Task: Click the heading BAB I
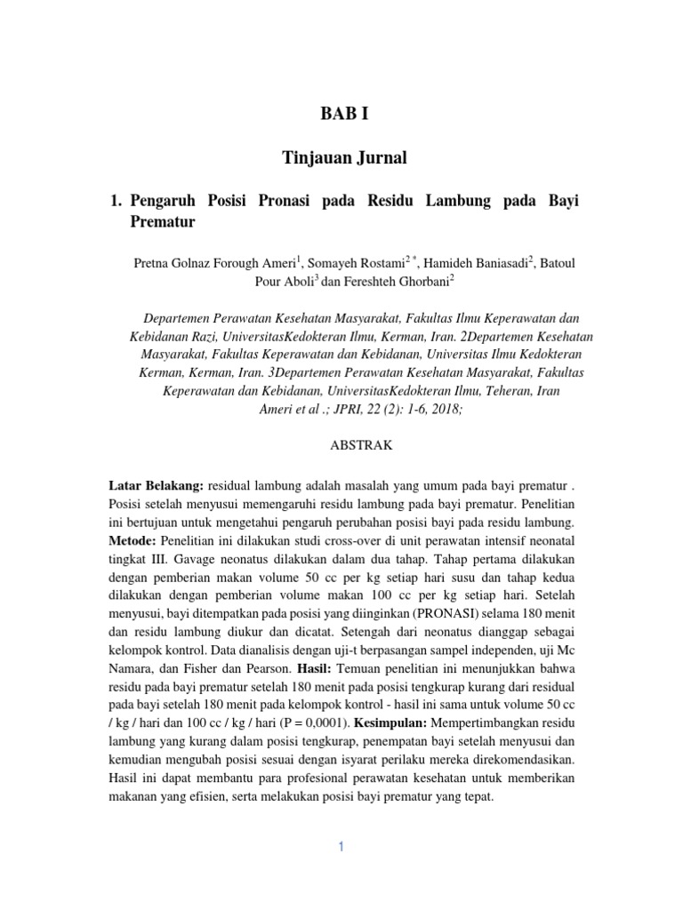click(x=342, y=115)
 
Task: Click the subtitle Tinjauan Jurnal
click(x=343, y=158)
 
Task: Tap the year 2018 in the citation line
click(x=443, y=410)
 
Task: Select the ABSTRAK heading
click(x=343, y=443)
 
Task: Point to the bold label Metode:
click(x=134, y=540)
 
